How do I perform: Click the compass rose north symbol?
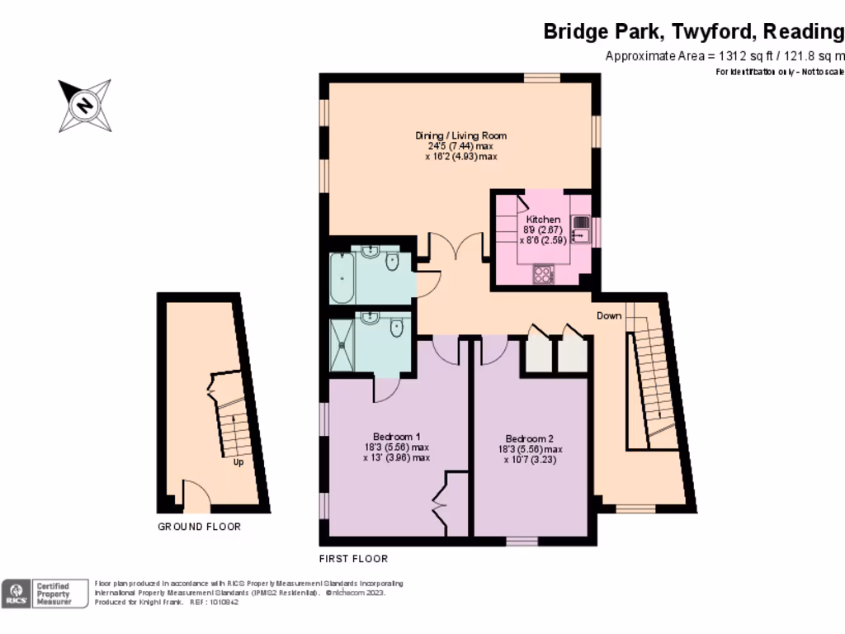click(x=84, y=106)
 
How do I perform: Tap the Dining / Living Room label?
click(x=461, y=135)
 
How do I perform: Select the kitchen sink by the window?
click(x=581, y=229)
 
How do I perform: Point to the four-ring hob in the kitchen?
click(x=544, y=274)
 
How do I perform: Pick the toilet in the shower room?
click(x=396, y=327)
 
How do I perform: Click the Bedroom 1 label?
click(x=397, y=437)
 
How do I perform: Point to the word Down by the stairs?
click(x=609, y=316)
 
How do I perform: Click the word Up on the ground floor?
click(x=238, y=462)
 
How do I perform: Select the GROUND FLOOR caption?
click(x=200, y=527)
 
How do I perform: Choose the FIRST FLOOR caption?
click(x=353, y=559)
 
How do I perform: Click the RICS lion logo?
click(x=14, y=594)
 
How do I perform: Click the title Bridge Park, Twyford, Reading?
click(x=693, y=31)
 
